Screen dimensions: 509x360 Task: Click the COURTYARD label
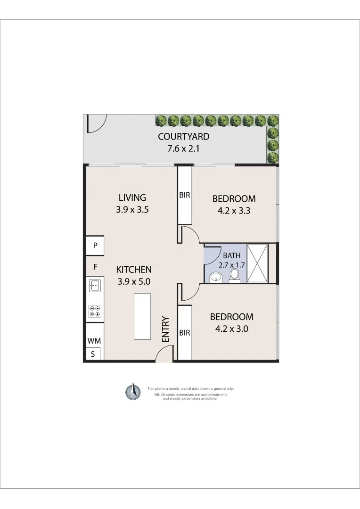coord(183,137)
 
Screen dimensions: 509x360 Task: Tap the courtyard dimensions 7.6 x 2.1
coord(183,149)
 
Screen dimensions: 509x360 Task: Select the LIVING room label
coord(132,198)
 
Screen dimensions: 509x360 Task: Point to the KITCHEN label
coord(134,270)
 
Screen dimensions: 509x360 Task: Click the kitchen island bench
coord(142,316)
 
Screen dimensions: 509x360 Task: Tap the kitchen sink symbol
coord(95,285)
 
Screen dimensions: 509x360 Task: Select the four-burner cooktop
coord(95,311)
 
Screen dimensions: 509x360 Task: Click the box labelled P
coord(95,245)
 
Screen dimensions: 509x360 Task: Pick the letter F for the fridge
coord(95,267)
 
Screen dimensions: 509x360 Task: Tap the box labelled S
coord(93,354)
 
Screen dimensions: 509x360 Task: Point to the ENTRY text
coord(165,329)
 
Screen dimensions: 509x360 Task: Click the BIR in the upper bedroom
coord(184,195)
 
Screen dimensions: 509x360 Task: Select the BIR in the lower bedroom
coord(184,333)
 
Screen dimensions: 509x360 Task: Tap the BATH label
coord(231,255)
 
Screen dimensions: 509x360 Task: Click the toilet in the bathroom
coord(235,275)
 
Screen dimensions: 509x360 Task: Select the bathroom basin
coord(216,277)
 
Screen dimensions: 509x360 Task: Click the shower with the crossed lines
coord(257,263)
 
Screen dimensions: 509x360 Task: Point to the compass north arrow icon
coord(133,391)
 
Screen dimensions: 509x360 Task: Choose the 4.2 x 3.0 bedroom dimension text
coord(231,329)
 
